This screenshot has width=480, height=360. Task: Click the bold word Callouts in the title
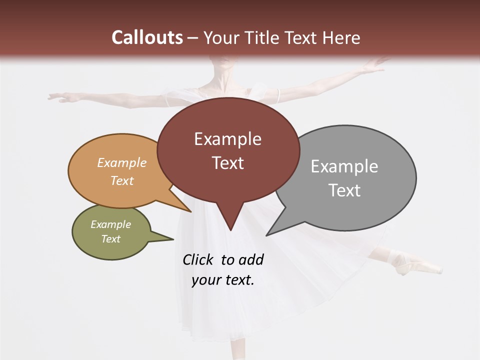(147, 37)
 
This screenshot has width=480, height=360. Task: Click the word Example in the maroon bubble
(227, 139)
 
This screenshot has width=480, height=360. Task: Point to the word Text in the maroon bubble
(227, 163)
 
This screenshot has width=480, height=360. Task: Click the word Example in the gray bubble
(344, 166)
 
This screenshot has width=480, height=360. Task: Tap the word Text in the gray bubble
(344, 190)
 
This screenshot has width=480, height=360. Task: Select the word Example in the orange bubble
(122, 163)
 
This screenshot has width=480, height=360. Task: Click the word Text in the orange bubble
(122, 180)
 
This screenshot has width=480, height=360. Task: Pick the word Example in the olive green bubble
(111, 224)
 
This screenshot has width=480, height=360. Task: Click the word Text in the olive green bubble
(111, 239)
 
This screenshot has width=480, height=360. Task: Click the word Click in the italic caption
(199, 260)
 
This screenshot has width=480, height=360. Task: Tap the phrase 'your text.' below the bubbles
(223, 280)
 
